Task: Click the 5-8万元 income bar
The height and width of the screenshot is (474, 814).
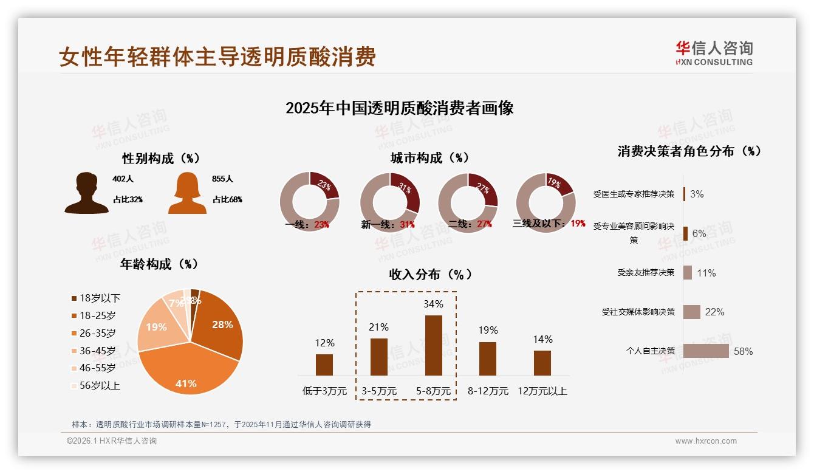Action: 433,345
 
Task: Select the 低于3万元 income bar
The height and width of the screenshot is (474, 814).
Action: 324,365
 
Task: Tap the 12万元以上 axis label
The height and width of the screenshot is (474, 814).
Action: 542,391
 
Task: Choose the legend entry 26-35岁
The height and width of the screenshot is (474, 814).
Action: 97,333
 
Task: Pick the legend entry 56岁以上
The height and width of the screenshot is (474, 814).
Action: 100,385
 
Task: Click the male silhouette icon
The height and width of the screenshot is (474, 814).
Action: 86,193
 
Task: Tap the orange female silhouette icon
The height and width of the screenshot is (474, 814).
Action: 187,193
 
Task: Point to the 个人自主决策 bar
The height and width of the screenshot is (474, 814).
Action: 706,351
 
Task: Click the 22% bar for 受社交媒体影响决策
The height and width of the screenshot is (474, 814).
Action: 692,312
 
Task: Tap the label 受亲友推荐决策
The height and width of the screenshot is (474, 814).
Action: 646,273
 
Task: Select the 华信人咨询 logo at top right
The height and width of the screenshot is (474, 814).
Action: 714,53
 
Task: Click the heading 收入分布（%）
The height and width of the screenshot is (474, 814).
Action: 431,274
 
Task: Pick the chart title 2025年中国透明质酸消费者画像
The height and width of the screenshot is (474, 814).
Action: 399,108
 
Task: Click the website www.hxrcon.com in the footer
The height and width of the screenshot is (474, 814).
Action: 706,441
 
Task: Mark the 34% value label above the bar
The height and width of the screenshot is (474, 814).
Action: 433,304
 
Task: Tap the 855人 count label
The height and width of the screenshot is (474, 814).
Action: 223,179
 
